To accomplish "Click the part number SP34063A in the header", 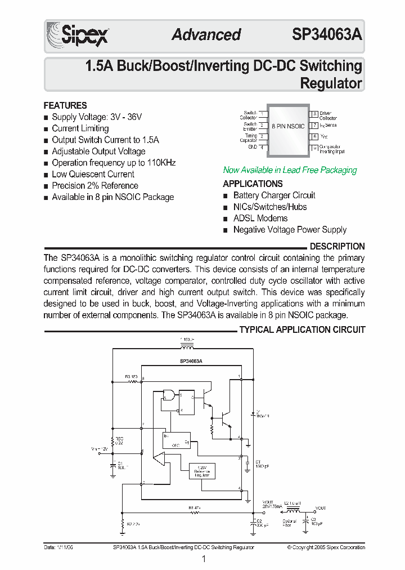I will (327, 34).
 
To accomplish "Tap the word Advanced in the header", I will (206, 34).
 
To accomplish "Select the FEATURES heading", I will (65, 105).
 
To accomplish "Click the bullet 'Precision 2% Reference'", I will (94, 185).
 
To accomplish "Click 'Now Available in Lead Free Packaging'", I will (290, 170).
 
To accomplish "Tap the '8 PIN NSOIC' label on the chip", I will (287, 126).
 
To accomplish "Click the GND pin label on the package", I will (253, 147).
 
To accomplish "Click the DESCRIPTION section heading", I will (337, 246).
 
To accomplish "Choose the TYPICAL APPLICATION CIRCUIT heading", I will (302, 329).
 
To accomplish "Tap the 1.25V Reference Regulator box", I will (201, 470).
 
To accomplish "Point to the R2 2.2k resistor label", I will (133, 524).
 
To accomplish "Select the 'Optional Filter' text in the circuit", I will (290, 522).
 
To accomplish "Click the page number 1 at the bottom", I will (203, 559).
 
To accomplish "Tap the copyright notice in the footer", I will (326, 547).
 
